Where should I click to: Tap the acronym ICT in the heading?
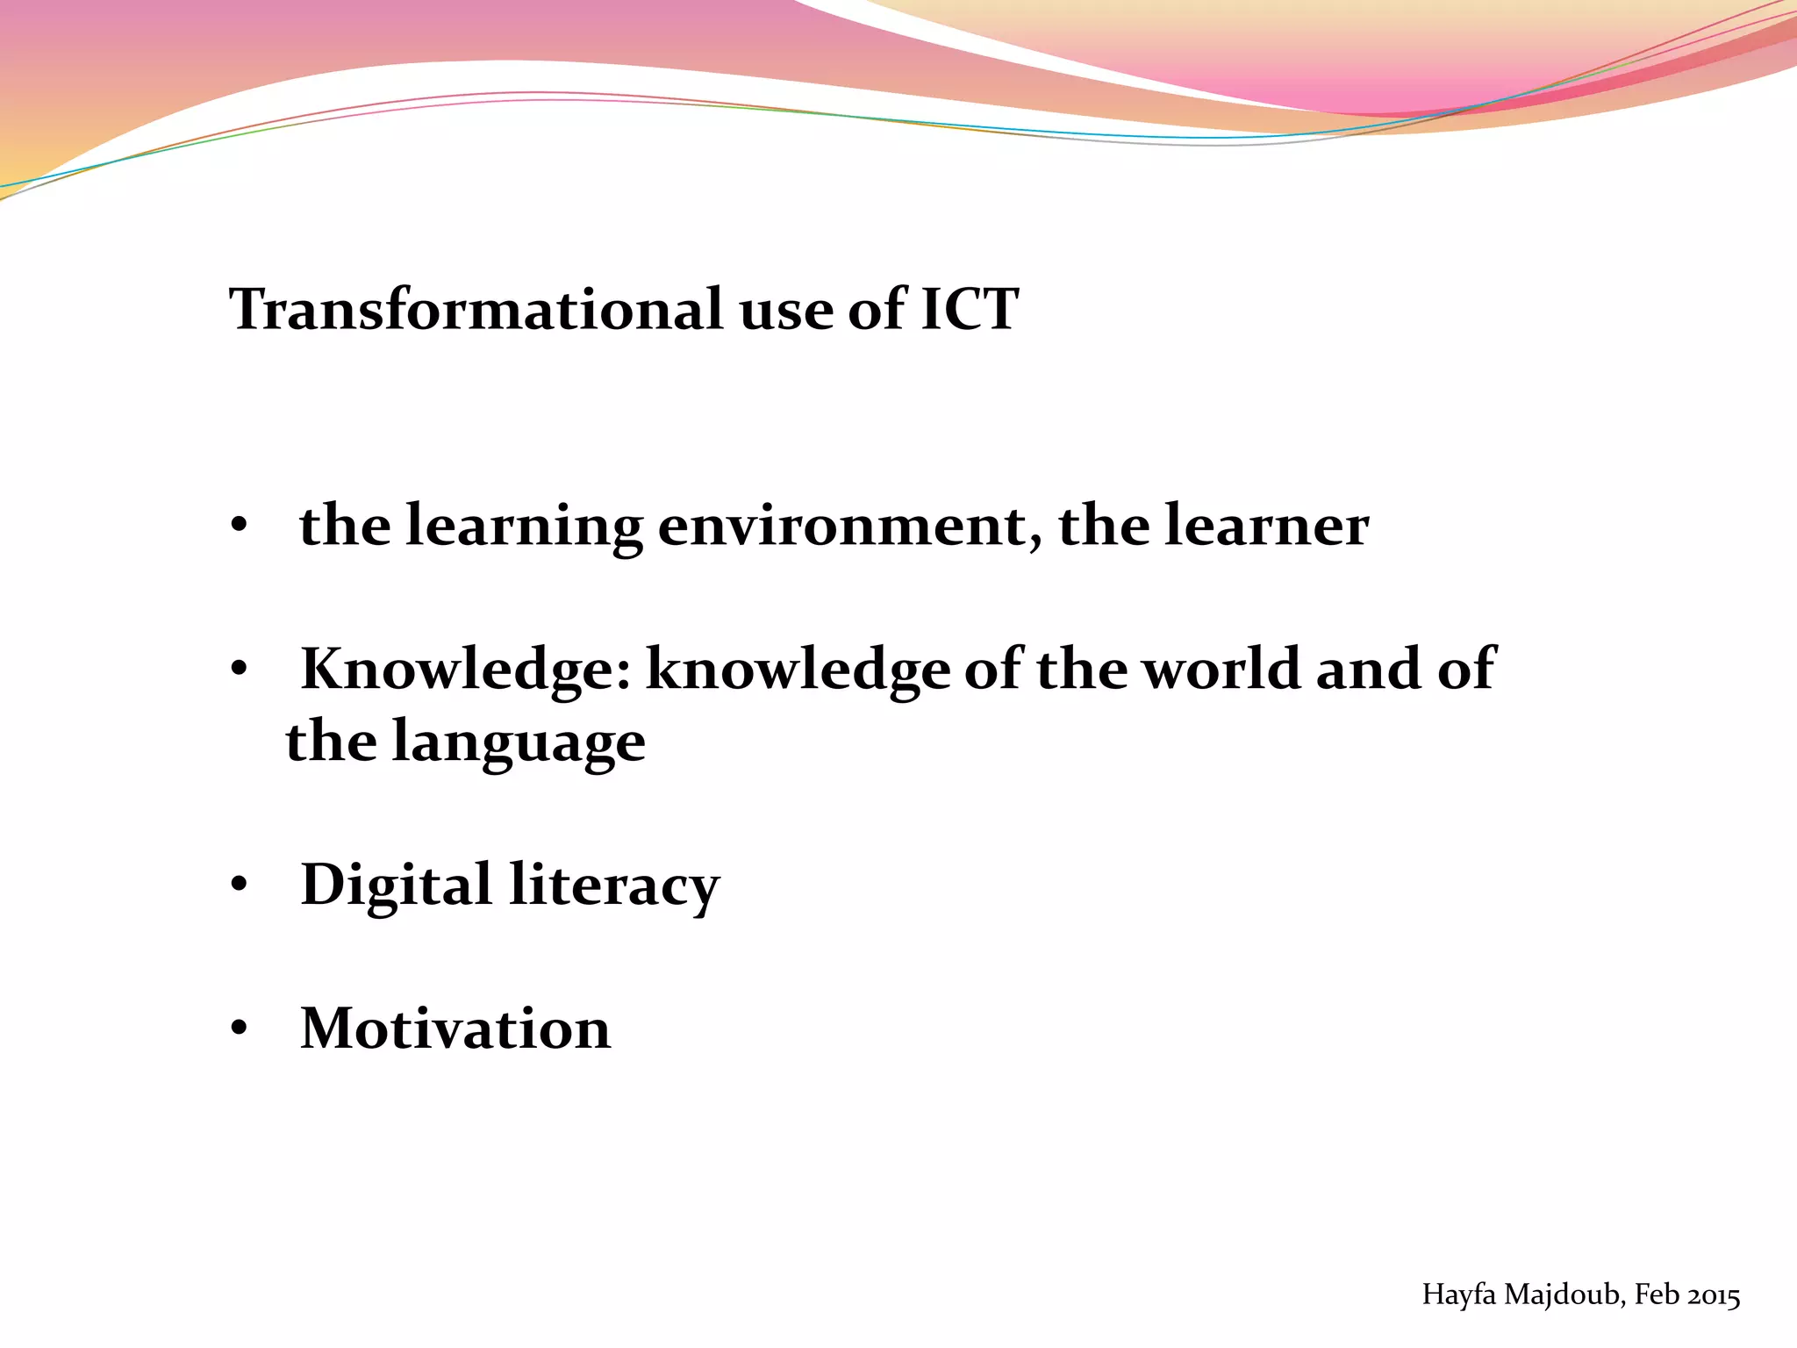969,309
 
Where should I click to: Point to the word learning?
524,527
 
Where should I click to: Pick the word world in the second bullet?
1221,669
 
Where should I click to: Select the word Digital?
396,885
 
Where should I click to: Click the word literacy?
614,885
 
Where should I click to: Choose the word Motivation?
455,1028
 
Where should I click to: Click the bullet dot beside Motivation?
239,1028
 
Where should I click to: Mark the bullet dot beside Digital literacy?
239,885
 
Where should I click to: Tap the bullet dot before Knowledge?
239,670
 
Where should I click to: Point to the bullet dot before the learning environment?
239,527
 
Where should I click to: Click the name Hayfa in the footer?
1459,1294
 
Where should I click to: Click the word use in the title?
784,311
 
